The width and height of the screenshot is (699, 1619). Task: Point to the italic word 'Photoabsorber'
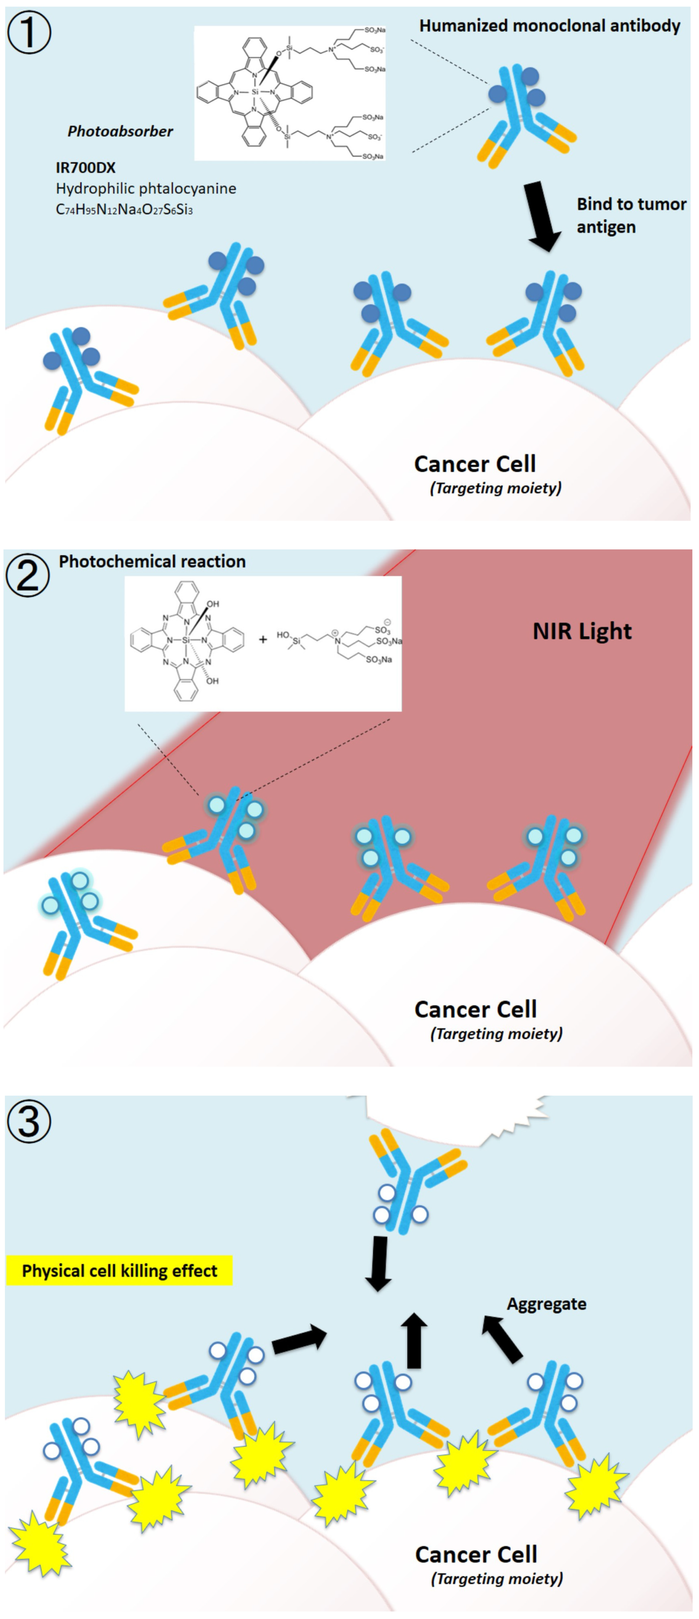coord(120,131)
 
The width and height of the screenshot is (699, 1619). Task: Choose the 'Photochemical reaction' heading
coord(152,561)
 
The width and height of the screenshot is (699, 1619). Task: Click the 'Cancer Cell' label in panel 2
coord(475,1010)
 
